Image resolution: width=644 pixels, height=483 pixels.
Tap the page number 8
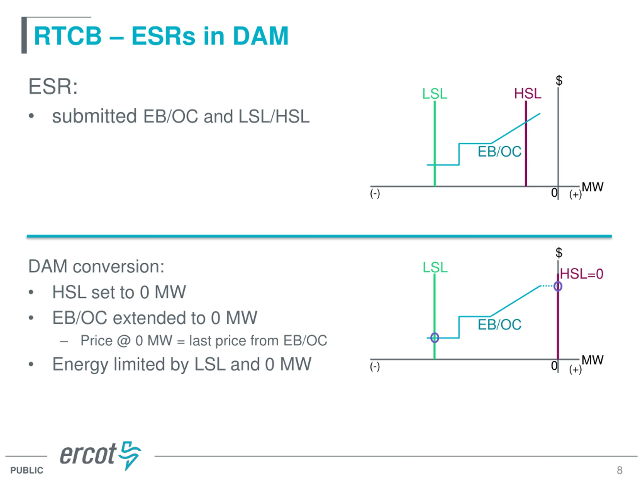(620, 470)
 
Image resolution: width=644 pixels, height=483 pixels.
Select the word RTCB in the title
(68, 36)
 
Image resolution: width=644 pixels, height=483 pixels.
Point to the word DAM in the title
(260, 36)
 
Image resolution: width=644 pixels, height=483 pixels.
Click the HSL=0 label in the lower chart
(581, 274)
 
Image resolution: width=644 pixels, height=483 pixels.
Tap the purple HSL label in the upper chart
(528, 94)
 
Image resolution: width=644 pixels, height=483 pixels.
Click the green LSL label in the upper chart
(435, 94)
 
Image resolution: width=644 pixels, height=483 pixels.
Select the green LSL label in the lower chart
(435, 267)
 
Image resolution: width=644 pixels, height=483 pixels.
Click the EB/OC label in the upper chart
(500, 152)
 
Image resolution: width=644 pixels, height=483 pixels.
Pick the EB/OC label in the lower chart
(500, 325)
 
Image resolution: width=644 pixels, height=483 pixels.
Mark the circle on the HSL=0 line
(558, 287)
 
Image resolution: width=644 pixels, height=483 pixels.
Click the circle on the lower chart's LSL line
(435, 338)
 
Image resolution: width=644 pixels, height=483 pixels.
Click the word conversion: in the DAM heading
(118, 266)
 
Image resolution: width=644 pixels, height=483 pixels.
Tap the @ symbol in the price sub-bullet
(124, 341)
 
